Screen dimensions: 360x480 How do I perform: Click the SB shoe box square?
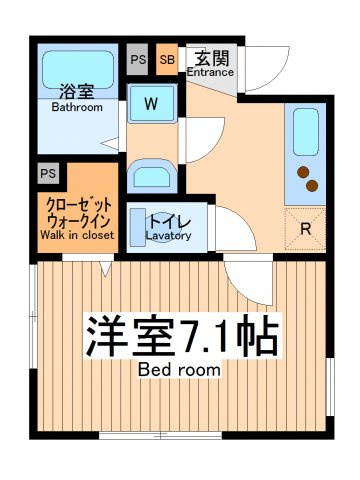(167, 59)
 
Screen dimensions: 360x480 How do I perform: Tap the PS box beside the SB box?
(137, 59)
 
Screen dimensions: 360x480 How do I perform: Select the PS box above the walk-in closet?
(48, 173)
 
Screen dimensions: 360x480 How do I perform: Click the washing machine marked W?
(152, 104)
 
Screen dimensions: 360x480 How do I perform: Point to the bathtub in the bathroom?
(78, 70)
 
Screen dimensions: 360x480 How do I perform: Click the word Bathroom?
(77, 107)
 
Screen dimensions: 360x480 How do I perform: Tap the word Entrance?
(210, 72)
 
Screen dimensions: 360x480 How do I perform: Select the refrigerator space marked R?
(305, 229)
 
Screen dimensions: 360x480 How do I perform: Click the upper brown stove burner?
(303, 172)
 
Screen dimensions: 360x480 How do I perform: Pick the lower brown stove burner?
(312, 186)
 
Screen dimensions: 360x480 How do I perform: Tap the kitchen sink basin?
(306, 132)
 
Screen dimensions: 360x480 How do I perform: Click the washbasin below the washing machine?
(152, 176)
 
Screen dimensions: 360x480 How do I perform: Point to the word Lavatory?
(168, 236)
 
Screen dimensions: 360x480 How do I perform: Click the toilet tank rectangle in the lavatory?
(138, 228)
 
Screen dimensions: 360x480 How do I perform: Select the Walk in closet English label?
(77, 235)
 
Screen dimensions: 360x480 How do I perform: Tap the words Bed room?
(179, 370)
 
